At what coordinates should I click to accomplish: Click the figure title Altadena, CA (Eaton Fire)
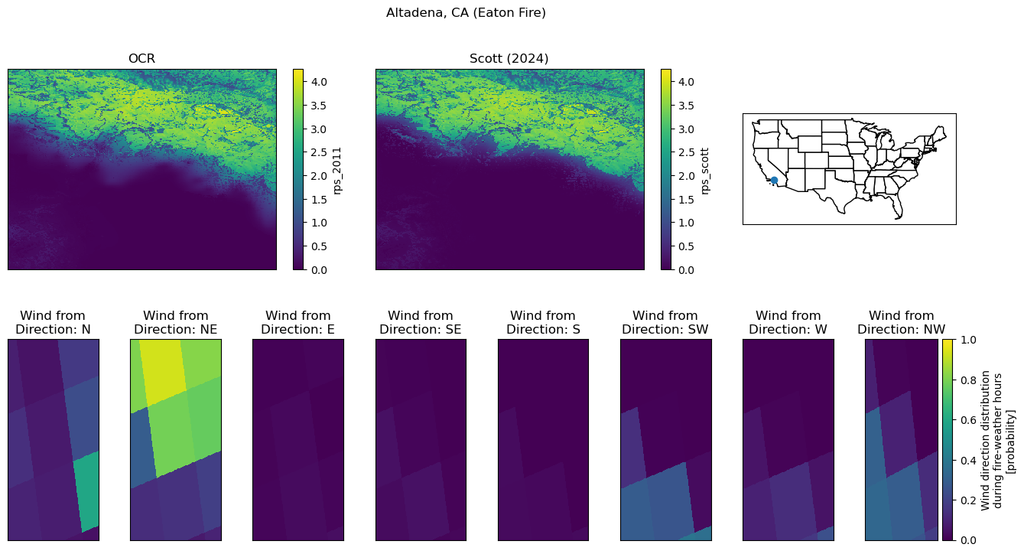[x=466, y=12]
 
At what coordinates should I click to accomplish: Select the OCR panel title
[x=141, y=59]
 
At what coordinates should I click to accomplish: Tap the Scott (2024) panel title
[x=509, y=59]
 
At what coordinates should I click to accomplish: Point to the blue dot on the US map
[x=774, y=181]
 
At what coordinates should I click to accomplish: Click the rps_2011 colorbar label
[x=337, y=171]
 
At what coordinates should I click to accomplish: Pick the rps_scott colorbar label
[x=704, y=171]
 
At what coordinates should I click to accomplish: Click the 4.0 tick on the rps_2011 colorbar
[x=319, y=82]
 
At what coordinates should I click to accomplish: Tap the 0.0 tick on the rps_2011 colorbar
[x=319, y=270]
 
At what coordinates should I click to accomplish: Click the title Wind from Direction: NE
[x=176, y=322]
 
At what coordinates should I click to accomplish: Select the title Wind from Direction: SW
[x=665, y=322]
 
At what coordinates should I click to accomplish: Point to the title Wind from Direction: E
[x=298, y=322]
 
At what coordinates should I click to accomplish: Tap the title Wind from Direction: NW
[x=901, y=322]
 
